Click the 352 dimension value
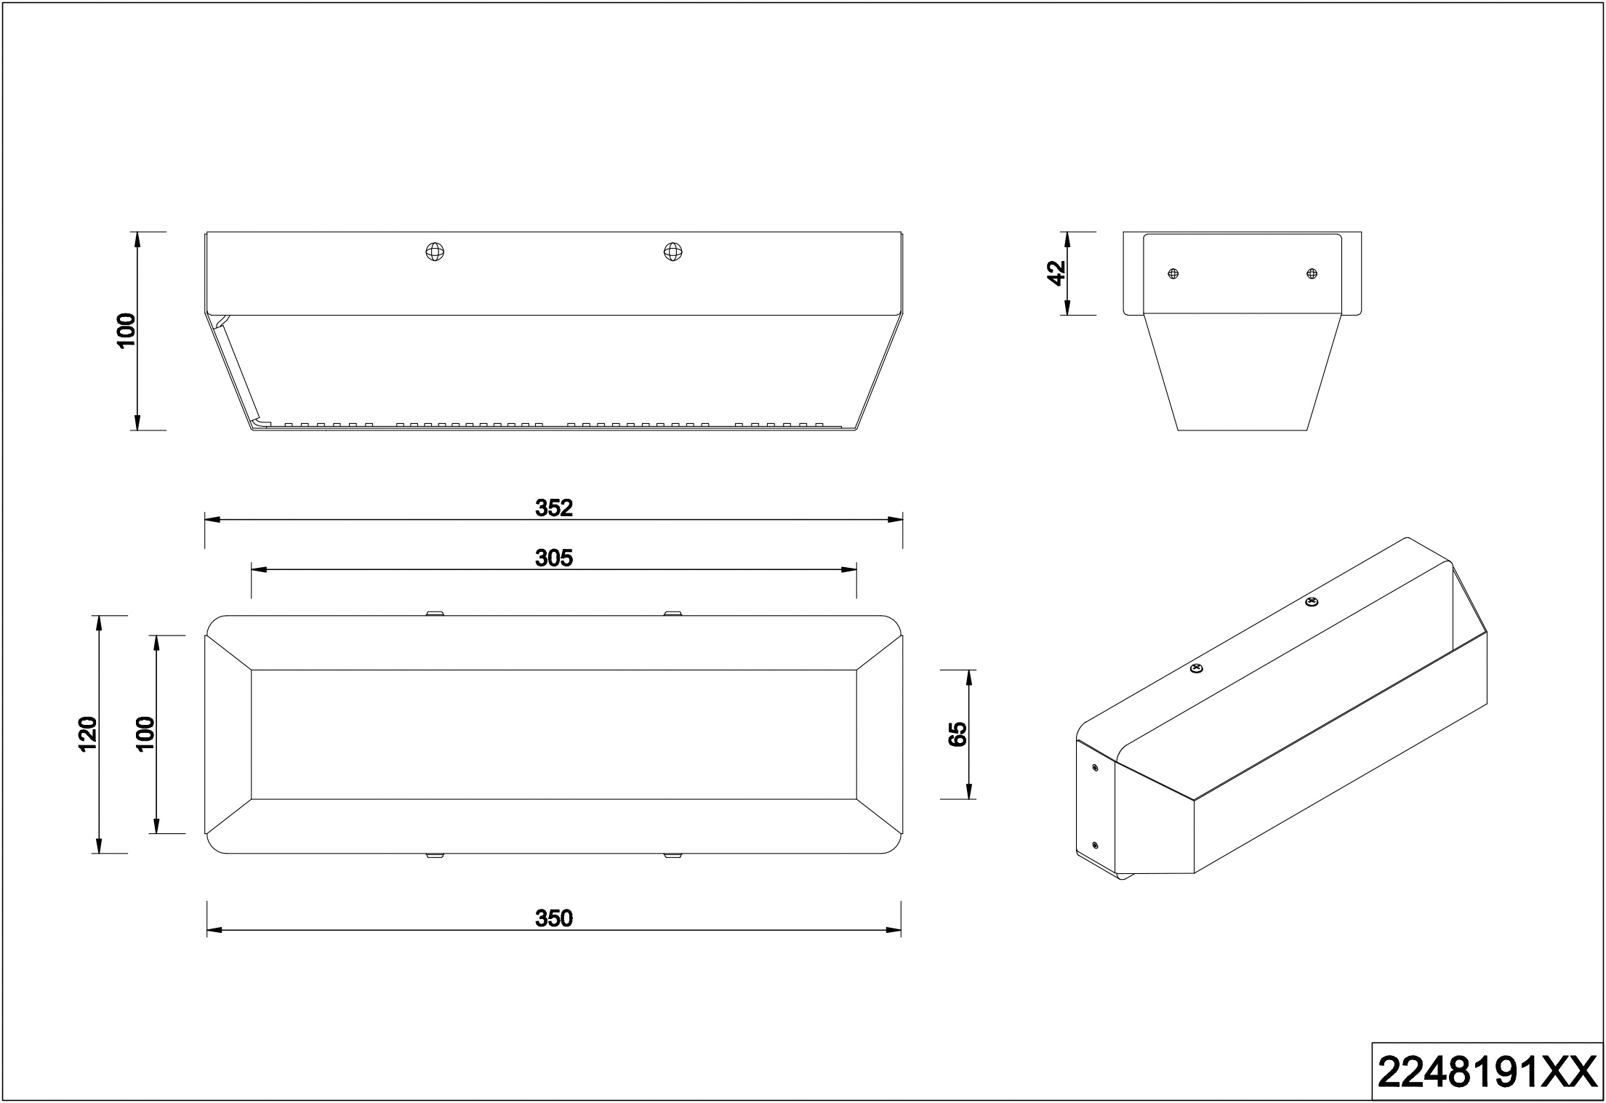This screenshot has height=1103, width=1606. (x=554, y=508)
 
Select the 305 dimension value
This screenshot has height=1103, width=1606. (x=554, y=558)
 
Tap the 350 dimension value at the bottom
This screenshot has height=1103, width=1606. (x=554, y=918)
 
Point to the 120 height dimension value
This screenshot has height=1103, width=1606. (x=87, y=734)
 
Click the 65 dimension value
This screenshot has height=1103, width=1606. (x=957, y=734)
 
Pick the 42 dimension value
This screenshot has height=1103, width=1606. (x=1056, y=273)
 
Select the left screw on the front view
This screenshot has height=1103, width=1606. (x=435, y=252)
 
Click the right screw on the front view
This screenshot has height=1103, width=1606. (x=673, y=252)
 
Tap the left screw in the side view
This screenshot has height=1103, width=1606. (x=1172, y=273)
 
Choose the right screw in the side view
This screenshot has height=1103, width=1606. (x=1312, y=273)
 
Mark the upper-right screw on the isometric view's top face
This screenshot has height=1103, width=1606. (x=1311, y=602)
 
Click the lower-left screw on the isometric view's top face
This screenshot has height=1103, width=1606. (x=1195, y=668)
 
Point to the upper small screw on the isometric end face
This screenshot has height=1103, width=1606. (x=1095, y=767)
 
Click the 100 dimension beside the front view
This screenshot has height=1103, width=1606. (x=126, y=331)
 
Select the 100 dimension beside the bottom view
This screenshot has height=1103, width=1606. (x=145, y=734)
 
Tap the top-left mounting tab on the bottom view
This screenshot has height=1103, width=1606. (x=434, y=613)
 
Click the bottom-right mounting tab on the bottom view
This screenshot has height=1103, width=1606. (x=672, y=856)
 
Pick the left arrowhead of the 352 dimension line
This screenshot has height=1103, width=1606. (x=212, y=520)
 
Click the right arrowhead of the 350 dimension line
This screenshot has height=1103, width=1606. (x=893, y=930)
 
